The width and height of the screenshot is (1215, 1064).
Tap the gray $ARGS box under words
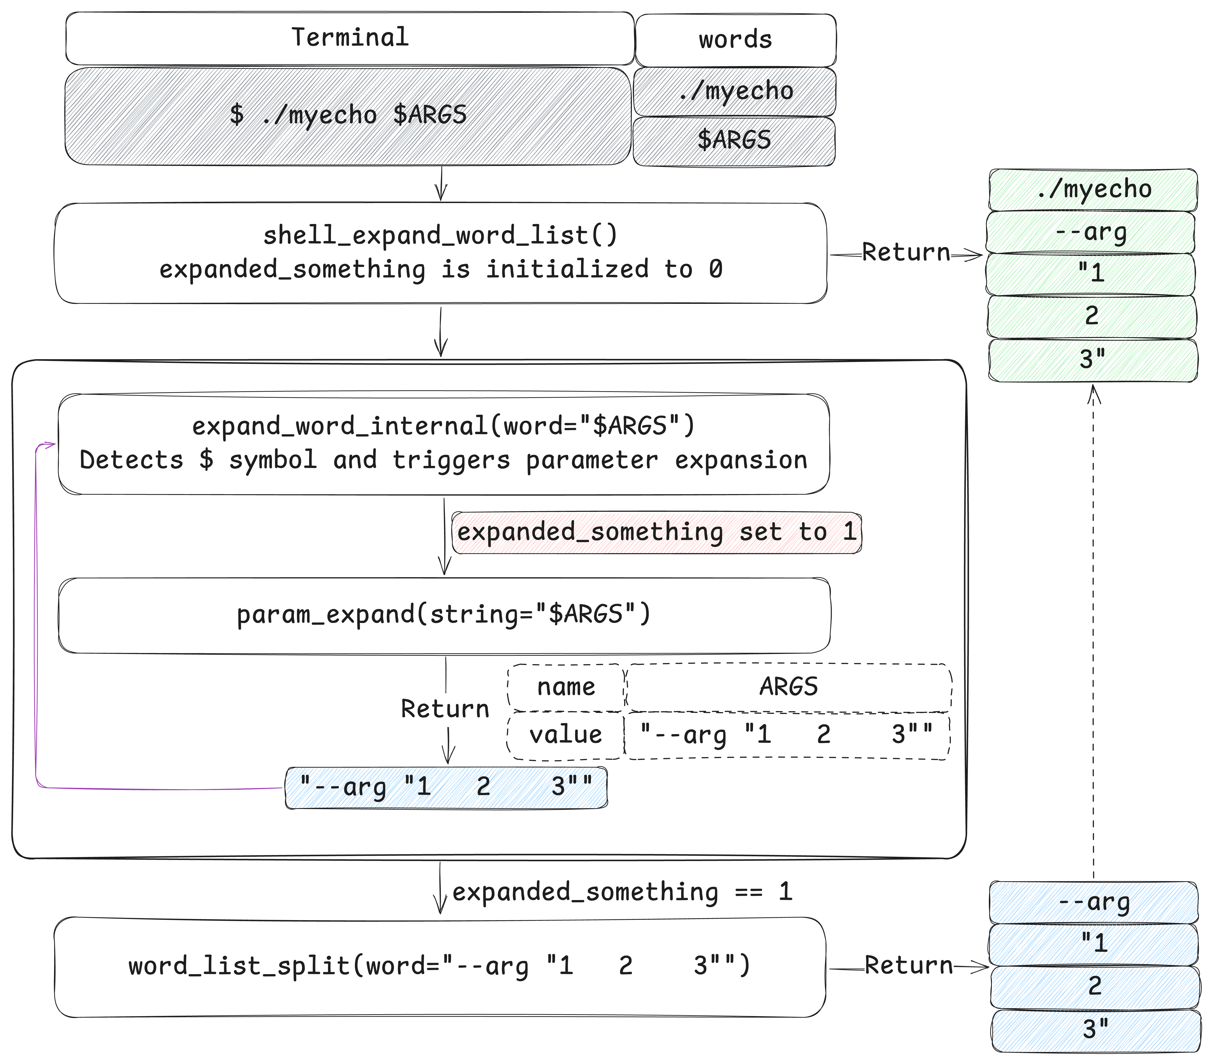[734, 141]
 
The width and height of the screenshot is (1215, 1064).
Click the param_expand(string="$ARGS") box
[444, 614]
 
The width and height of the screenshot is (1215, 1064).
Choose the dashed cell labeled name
[566, 687]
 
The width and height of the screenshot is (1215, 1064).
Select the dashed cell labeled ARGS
[788, 687]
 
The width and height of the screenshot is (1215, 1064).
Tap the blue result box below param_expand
[446, 787]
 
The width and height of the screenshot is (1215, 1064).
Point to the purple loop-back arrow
[37, 617]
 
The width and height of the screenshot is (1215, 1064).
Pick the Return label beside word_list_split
[908, 965]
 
